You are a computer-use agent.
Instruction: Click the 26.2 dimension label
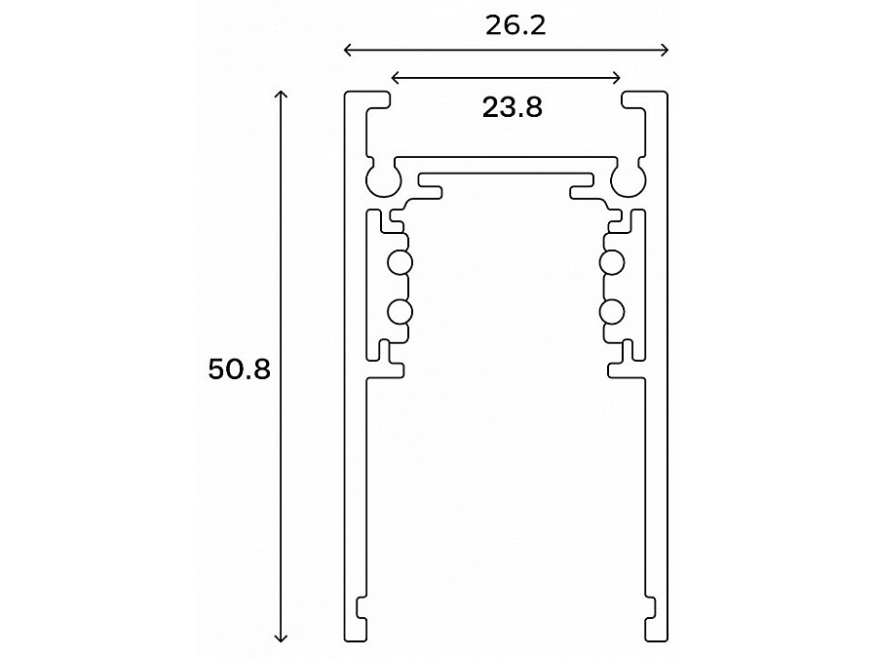click(x=515, y=25)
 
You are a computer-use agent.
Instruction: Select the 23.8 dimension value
click(x=512, y=106)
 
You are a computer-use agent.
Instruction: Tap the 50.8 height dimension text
click(x=239, y=369)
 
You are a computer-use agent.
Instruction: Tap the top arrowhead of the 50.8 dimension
click(x=282, y=95)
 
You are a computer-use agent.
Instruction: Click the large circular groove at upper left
click(x=381, y=179)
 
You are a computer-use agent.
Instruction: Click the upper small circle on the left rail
click(x=400, y=262)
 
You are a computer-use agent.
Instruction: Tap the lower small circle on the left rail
click(x=400, y=311)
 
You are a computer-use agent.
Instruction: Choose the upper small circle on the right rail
click(x=612, y=262)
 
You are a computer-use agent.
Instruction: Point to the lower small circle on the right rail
click(x=612, y=311)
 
